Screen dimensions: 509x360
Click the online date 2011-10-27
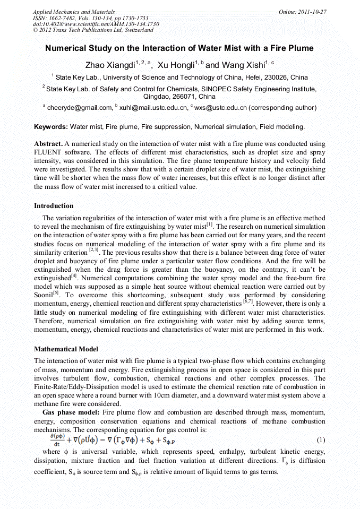click(x=312, y=12)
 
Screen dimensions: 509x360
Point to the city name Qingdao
click(x=158, y=97)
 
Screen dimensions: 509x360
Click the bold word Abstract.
click(x=48, y=144)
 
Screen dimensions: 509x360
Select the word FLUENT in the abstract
click(x=48, y=153)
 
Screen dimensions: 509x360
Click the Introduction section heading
click(x=54, y=205)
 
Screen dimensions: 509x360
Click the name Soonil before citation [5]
click(x=45, y=294)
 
